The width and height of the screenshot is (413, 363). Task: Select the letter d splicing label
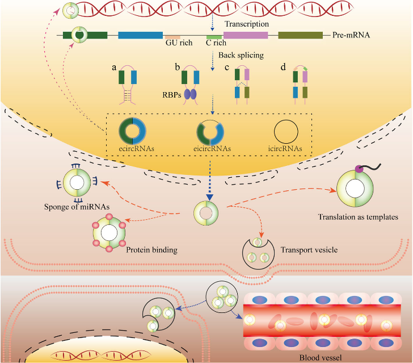[284, 68]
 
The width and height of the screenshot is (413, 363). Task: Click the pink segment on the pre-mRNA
[246, 35]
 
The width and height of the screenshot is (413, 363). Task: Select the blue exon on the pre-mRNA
[140, 35]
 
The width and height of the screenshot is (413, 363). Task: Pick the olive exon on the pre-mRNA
[301, 35]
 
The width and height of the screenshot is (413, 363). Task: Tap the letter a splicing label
[115, 67]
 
